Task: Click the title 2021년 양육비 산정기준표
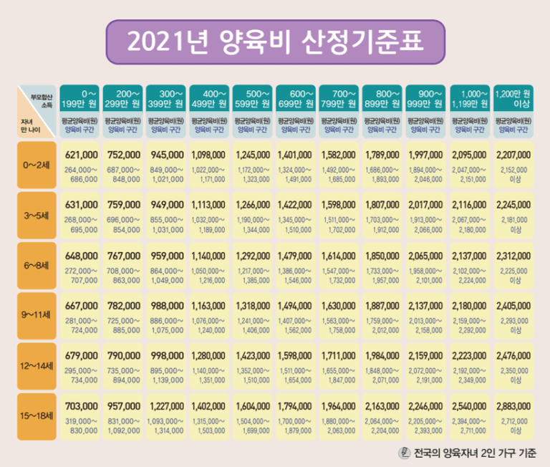click(275, 41)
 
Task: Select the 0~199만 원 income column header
click(81, 98)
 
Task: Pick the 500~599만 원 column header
click(254, 98)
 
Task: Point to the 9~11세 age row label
click(35, 314)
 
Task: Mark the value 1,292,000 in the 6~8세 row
click(254, 254)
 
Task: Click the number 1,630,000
click(340, 305)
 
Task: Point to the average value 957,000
click(123, 406)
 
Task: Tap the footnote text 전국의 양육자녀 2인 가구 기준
click(473, 453)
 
